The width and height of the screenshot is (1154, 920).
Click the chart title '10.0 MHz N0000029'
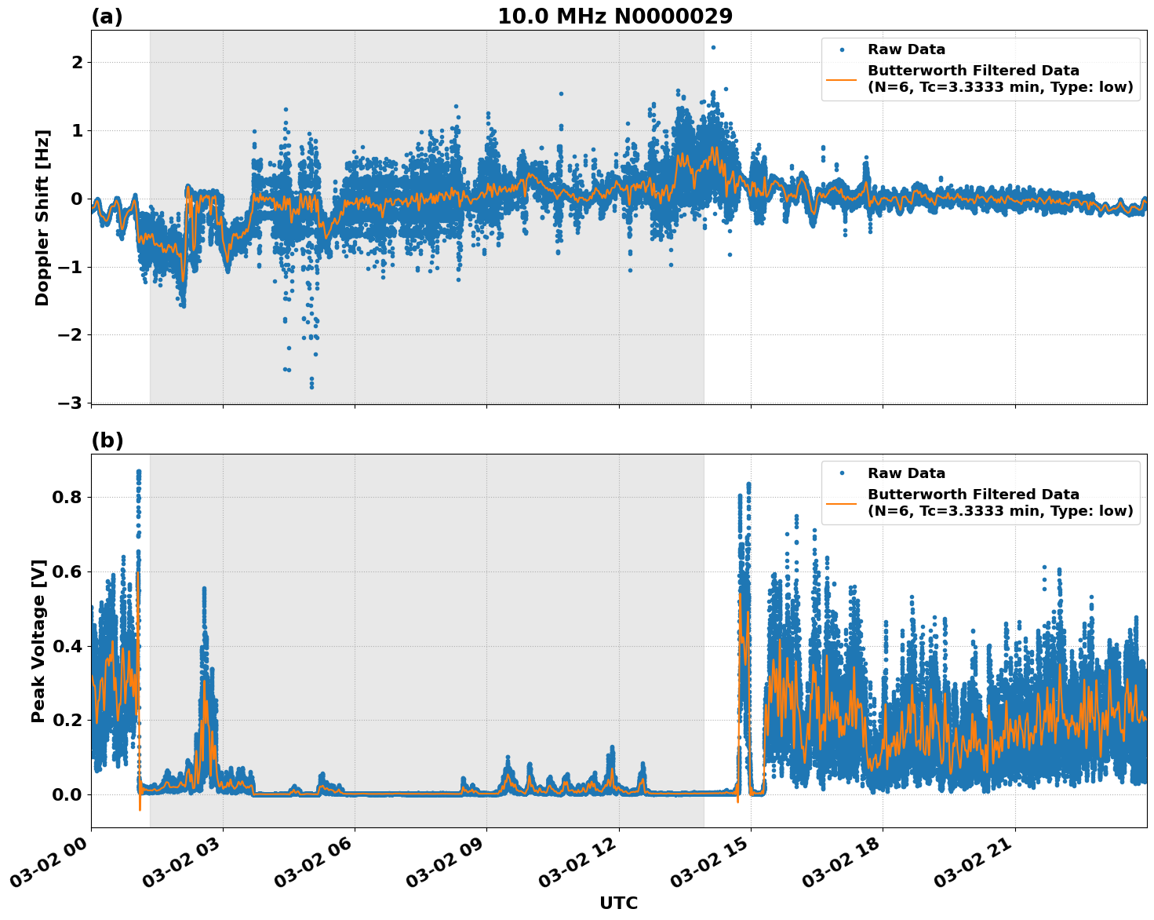pyautogui.click(x=615, y=16)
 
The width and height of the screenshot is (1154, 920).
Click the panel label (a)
pyautogui.click(x=107, y=16)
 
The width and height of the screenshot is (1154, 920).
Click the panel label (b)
pyautogui.click(x=107, y=440)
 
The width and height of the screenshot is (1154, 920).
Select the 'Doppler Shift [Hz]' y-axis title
pyautogui.click(x=42, y=217)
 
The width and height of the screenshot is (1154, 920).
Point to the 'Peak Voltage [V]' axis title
pyautogui.click(x=38, y=641)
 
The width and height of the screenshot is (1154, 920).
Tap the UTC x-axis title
pyautogui.click(x=618, y=903)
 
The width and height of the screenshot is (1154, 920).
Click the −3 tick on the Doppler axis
pyautogui.click(x=71, y=403)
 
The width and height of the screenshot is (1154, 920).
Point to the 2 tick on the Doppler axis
pyautogui.click(x=77, y=62)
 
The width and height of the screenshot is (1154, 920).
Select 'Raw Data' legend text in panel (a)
pyautogui.click(x=906, y=49)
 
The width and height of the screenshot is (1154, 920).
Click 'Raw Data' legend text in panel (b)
pyautogui.click(x=906, y=473)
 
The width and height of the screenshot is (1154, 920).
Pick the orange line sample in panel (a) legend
pyautogui.click(x=842, y=78)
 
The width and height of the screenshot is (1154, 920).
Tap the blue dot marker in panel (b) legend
pyautogui.click(x=842, y=473)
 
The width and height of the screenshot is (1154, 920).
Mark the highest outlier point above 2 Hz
pyautogui.click(x=713, y=47)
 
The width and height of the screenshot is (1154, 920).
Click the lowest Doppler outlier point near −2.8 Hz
pyautogui.click(x=311, y=386)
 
